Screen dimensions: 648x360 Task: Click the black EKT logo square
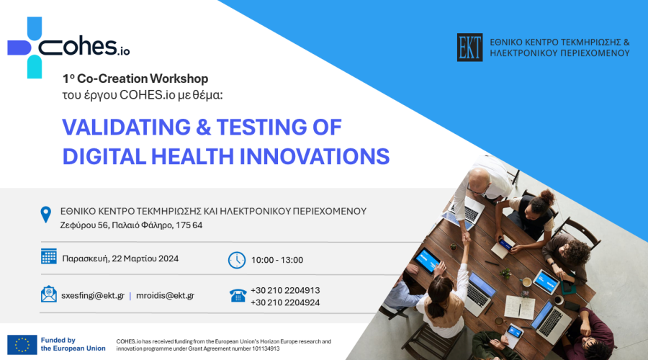tap(469, 48)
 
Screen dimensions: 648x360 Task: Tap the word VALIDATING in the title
tap(127, 127)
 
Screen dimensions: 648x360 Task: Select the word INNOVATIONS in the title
tap(315, 157)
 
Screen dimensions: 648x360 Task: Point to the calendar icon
tap(49, 256)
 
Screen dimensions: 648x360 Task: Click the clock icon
tap(237, 260)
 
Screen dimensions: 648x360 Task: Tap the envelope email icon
tap(49, 294)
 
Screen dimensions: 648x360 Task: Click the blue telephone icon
tap(238, 295)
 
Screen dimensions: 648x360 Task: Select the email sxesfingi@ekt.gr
tap(93, 295)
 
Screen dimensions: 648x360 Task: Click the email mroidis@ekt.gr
tap(165, 295)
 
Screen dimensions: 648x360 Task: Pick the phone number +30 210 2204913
tap(285, 291)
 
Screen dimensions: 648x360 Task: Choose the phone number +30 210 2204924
tap(285, 302)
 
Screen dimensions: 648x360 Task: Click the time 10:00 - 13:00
tap(277, 260)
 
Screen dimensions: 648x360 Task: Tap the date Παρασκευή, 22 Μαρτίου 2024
tap(120, 258)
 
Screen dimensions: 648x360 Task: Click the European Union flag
tap(22, 345)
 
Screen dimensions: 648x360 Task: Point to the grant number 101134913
tap(266, 349)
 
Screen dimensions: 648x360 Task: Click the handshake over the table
tap(467, 238)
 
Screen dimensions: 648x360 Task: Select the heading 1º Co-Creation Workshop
tap(135, 78)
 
